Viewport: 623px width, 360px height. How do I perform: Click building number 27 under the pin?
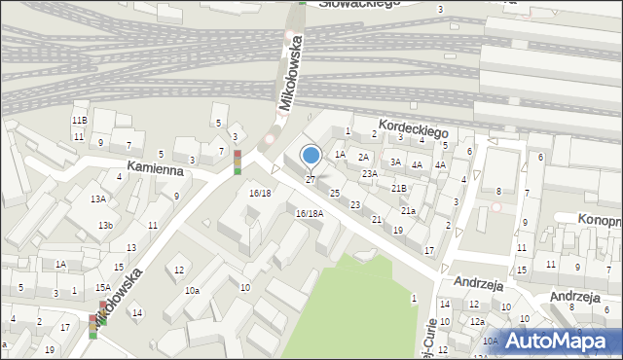coord(311,180)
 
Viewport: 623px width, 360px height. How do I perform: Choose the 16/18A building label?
coord(310,213)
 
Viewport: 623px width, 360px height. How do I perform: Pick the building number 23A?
coord(370,174)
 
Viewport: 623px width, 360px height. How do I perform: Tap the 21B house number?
coord(398,188)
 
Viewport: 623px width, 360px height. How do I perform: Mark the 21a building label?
coord(409,210)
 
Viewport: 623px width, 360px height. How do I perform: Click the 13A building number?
coord(98,198)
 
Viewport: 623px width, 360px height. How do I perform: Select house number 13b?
coord(104,226)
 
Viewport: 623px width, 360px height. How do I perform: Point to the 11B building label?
coord(79,120)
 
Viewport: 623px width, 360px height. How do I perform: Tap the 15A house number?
coord(102,287)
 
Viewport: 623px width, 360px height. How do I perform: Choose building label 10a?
coord(193,290)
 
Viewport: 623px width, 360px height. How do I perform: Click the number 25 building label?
coord(335,194)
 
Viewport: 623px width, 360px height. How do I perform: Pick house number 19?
coord(397,230)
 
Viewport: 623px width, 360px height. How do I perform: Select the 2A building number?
coord(363,157)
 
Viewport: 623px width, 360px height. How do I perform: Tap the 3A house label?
coord(395,162)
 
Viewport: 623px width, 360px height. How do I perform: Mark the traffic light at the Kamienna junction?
coord(237,162)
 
